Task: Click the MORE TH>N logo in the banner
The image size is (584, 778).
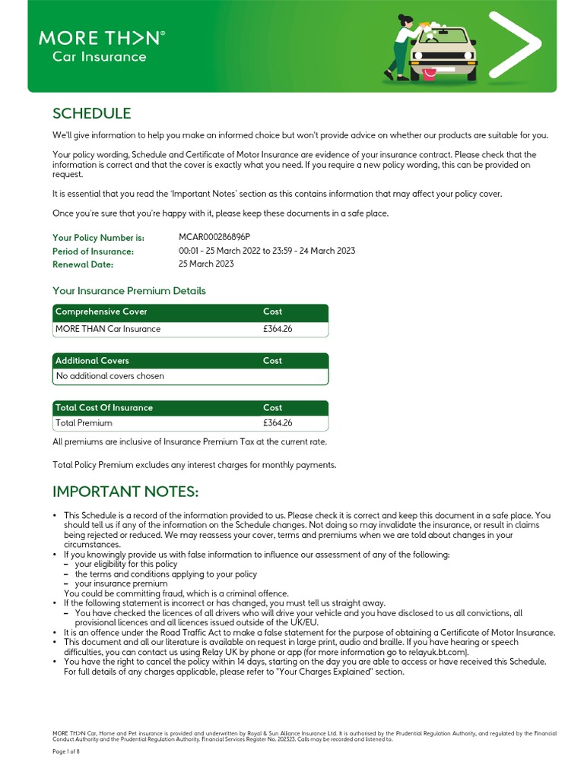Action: (x=101, y=37)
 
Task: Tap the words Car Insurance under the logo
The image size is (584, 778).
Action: (x=99, y=57)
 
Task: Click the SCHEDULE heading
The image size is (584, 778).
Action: (x=91, y=114)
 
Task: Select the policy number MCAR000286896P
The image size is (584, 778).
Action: (x=214, y=238)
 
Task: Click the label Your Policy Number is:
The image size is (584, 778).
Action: (x=98, y=239)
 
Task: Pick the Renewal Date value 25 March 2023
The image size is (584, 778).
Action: (x=206, y=264)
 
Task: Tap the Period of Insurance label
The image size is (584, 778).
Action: (x=93, y=251)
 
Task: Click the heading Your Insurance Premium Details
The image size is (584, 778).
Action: (x=129, y=291)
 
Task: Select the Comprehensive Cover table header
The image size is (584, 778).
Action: (x=101, y=312)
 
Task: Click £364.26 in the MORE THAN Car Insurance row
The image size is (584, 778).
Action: (x=278, y=329)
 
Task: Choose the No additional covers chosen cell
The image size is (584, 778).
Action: (x=109, y=376)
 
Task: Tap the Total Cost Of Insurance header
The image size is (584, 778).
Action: (x=103, y=408)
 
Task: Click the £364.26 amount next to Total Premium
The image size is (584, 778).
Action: (x=278, y=423)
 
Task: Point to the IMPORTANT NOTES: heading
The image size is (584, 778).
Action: (x=125, y=492)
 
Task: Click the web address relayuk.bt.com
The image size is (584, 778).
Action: (x=439, y=652)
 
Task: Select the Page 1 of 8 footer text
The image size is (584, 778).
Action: (x=71, y=751)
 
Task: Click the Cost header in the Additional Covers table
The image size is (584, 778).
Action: (x=272, y=361)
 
